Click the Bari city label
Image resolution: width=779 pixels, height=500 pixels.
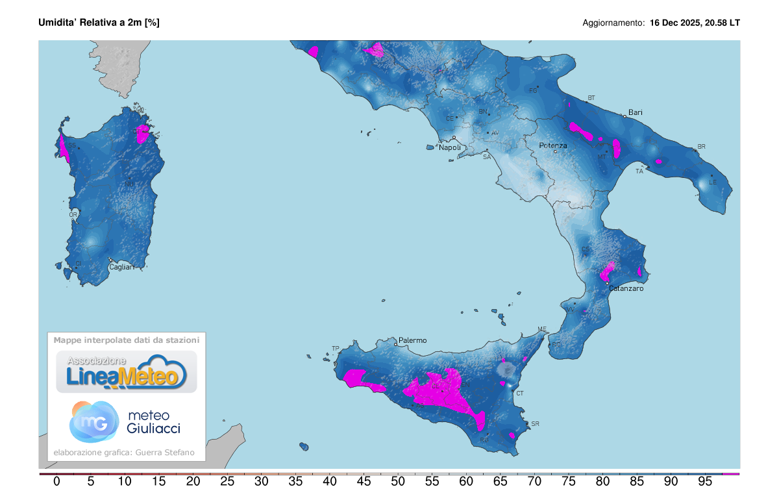(635, 112)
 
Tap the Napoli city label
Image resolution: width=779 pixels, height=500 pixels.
(450, 147)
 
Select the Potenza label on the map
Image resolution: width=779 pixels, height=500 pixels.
(553, 145)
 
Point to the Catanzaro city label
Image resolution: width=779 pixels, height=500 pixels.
(626, 288)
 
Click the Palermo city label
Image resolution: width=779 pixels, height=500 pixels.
(412, 340)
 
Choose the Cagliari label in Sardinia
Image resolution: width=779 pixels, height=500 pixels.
(121, 267)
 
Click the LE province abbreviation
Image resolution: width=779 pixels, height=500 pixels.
(712, 182)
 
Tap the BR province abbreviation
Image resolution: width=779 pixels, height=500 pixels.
(700, 147)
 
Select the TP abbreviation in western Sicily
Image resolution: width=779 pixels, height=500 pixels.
(336, 349)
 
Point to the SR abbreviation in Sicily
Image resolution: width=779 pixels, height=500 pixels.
(535, 424)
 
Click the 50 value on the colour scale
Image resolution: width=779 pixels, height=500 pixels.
(398, 482)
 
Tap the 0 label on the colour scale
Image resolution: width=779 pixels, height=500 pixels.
(56, 482)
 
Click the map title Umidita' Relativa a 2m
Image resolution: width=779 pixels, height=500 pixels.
(99, 22)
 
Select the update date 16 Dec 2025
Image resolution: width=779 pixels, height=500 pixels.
(676, 23)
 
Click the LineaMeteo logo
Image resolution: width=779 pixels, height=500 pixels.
(127, 372)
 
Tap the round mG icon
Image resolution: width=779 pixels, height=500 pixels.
(93, 421)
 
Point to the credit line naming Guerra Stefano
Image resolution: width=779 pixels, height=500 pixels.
(123, 453)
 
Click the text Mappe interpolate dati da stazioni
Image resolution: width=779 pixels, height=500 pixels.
(127, 340)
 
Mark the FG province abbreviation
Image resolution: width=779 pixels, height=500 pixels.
(534, 90)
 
